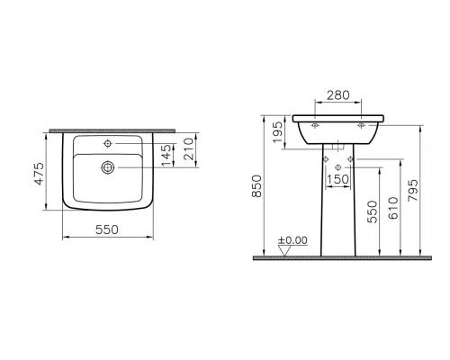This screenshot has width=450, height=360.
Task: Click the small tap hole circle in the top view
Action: click(106, 143)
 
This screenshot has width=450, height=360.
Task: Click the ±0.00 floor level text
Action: click(292, 242)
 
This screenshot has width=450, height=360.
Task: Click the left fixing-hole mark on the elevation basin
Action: click(316, 127)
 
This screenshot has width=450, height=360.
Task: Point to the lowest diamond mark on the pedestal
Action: click(337, 168)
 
